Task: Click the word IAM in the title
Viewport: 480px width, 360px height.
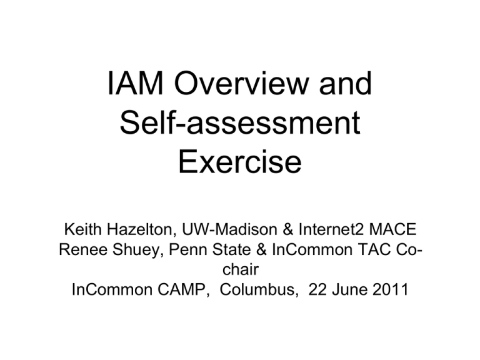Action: tap(136, 83)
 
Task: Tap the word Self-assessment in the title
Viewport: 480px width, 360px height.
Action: tap(240, 122)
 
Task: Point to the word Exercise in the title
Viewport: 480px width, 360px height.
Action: tap(240, 162)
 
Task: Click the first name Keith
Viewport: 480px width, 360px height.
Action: tap(83, 229)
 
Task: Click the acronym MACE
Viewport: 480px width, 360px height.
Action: tap(392, 229)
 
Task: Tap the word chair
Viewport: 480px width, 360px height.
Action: tap(241, 269)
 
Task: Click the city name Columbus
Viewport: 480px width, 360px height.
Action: tap(259, 289)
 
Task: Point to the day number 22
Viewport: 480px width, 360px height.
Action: tap(317, 289)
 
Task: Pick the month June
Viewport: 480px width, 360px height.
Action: tap(349, 289)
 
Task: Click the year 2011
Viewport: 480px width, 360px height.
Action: tap(390, 289)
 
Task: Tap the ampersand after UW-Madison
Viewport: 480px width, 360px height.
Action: tap(288, 229)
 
